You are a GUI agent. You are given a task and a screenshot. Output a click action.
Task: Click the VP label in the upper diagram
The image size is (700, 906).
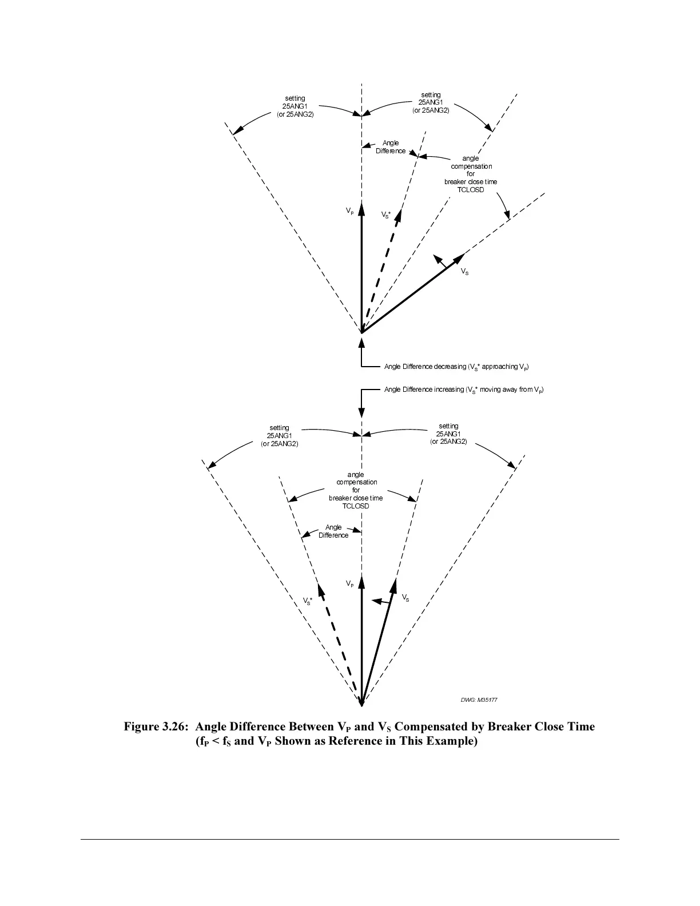[349, 212]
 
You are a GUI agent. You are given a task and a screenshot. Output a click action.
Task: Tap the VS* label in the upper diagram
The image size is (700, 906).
[386, 215]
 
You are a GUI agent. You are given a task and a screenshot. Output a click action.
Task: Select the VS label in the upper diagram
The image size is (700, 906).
[465, 272]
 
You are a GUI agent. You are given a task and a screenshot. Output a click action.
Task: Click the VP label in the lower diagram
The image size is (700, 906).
[350, 584]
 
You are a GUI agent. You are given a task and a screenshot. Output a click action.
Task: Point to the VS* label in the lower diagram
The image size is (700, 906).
[307, 602]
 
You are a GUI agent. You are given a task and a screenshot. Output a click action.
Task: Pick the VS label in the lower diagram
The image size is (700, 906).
[405, 598]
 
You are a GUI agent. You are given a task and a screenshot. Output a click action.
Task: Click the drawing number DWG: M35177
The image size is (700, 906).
[475, 700]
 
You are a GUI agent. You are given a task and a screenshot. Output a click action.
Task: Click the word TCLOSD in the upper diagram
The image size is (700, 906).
[470, 190]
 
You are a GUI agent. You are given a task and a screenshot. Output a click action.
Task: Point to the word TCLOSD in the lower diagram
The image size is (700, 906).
[356, 506]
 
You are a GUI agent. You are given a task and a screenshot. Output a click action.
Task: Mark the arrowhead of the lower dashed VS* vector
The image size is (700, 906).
[319, 589]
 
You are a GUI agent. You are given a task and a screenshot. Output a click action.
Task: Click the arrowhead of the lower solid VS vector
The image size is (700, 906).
[394, 585]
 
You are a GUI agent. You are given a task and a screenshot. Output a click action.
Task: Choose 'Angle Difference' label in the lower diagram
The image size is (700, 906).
[333, 531]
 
